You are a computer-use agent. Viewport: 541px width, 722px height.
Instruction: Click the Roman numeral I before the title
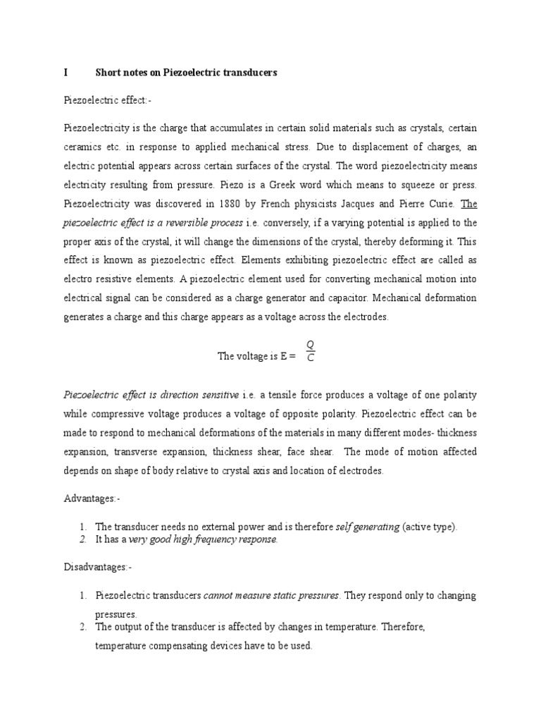coord(66,73)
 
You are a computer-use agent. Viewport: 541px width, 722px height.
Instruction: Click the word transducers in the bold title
coord(249,73)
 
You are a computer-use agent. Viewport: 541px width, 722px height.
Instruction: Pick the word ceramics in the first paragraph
coord(83,147)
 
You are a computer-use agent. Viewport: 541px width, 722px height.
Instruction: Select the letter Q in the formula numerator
coord(310,344)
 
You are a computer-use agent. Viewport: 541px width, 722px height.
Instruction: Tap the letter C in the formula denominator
coord(310,357)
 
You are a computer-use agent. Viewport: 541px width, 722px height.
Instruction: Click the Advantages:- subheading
coord(92,499)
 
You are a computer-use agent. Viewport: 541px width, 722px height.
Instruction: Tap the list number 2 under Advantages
coord(82,540)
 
